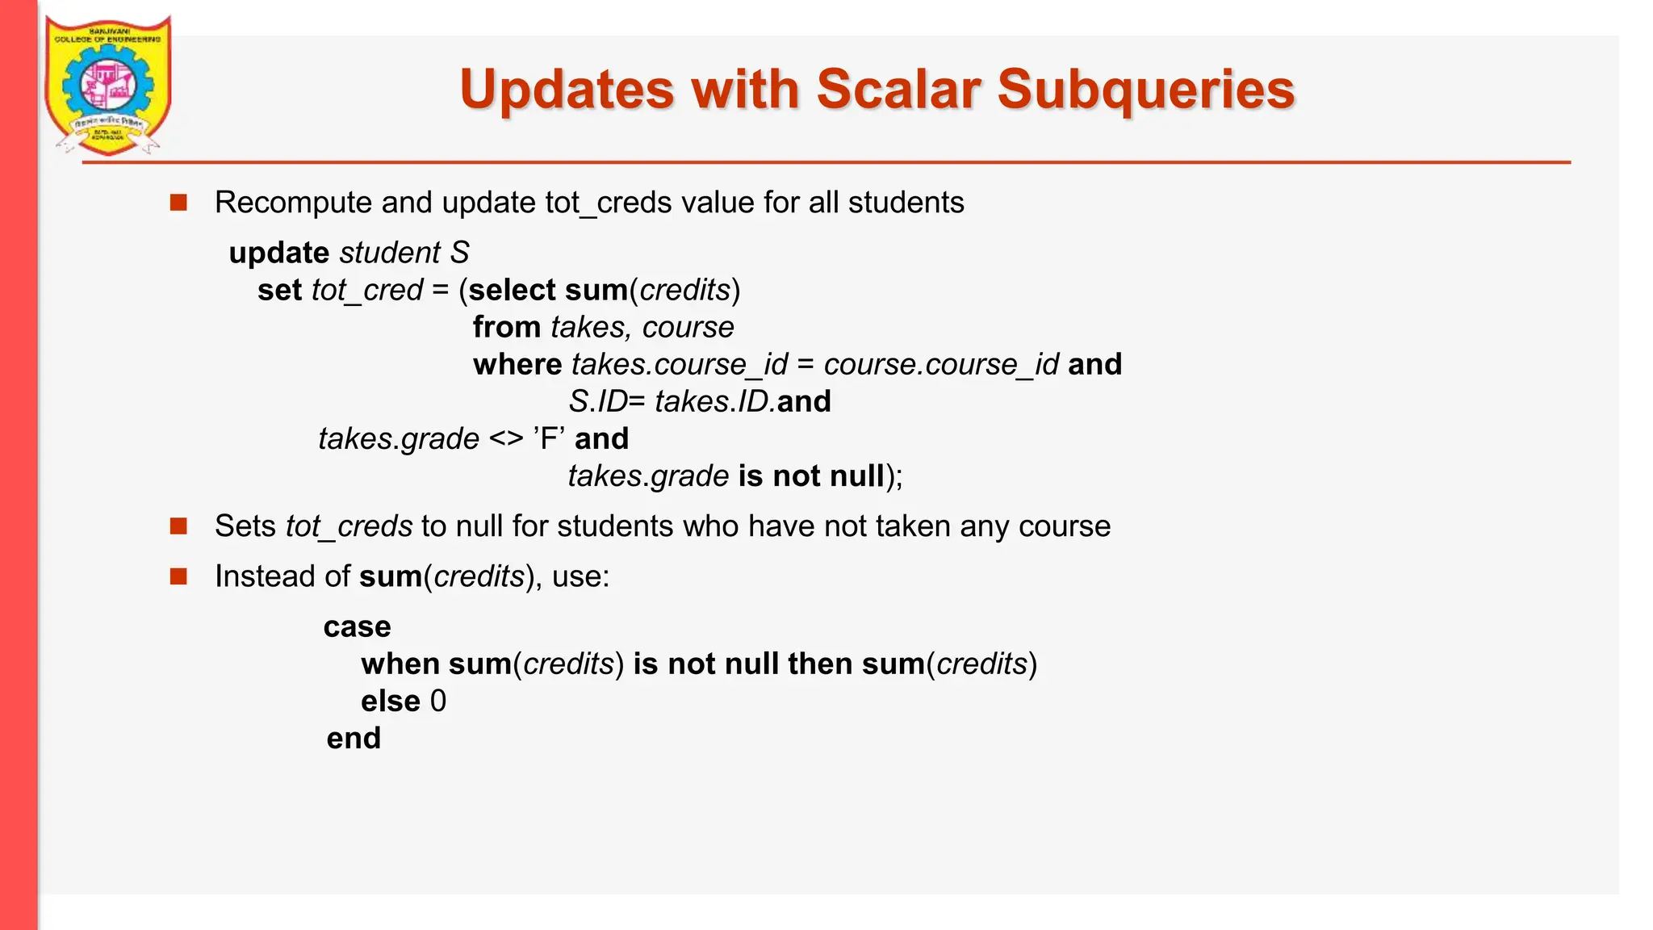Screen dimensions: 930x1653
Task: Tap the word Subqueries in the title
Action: pos(1145,89)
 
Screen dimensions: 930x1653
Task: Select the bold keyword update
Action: pos(278,253)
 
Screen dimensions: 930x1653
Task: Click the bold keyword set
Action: pos(279,290)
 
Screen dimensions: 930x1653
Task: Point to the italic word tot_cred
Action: pos(367,290)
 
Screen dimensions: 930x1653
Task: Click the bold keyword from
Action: pos(507,327)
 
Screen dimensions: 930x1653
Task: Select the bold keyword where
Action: pos(517,364)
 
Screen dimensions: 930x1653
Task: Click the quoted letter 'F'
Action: pos(549,438)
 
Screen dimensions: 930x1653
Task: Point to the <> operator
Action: pos(506,438)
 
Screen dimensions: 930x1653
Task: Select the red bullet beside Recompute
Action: pos(178,202)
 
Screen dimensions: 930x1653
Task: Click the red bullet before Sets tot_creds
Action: pos(178,526)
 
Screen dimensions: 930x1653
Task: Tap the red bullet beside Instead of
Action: pos(178,576)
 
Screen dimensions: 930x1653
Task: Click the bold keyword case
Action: pos(357,626)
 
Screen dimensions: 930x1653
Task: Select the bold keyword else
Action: pos(391,701)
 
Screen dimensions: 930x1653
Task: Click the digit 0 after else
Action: pos(438,701)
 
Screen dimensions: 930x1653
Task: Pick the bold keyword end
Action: pos(354,738)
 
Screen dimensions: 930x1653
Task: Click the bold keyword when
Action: pos(400,664)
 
